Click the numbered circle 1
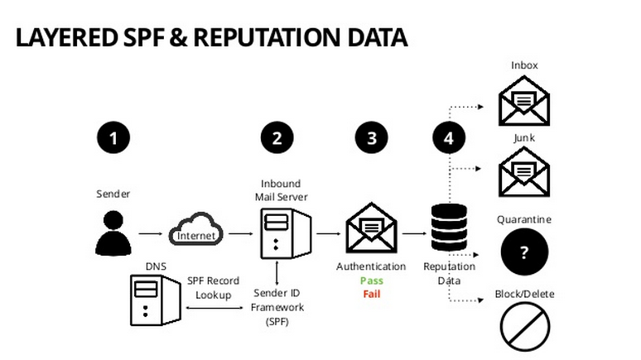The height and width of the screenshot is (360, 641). pos(114,138)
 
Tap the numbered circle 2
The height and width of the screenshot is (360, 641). pos(277,138)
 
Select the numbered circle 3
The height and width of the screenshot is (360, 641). pos(371,138)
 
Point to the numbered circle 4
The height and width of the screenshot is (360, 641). pos(449,138)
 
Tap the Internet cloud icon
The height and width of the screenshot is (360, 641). pos(197,231)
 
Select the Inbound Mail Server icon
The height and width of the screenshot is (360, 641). pos(284,233)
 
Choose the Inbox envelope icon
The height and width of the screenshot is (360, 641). pos(524,100)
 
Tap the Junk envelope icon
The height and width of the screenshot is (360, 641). pos(524,173)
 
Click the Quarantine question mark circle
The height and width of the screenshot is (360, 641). pos(524,252)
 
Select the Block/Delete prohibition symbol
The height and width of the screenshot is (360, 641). pos(524,326)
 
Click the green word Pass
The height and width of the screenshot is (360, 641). pos(371,281)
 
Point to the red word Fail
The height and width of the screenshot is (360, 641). pos(371,294)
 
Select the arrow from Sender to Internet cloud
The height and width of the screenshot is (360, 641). pos(151,233)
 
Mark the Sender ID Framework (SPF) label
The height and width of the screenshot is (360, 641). pos(278,307)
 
